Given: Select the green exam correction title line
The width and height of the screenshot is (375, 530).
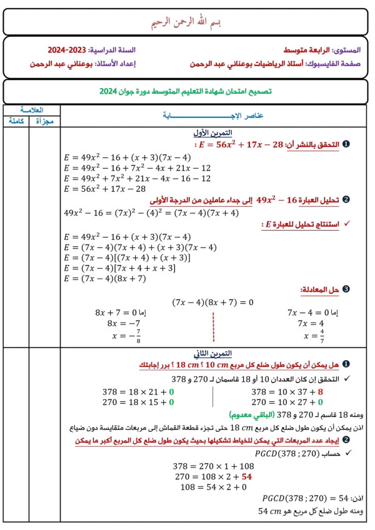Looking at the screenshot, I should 187,91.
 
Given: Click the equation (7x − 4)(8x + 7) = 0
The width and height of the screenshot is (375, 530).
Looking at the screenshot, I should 212,302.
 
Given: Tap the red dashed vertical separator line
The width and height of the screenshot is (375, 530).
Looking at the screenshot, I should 213,325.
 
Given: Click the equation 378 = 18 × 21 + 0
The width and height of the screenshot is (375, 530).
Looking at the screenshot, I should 137,392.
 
